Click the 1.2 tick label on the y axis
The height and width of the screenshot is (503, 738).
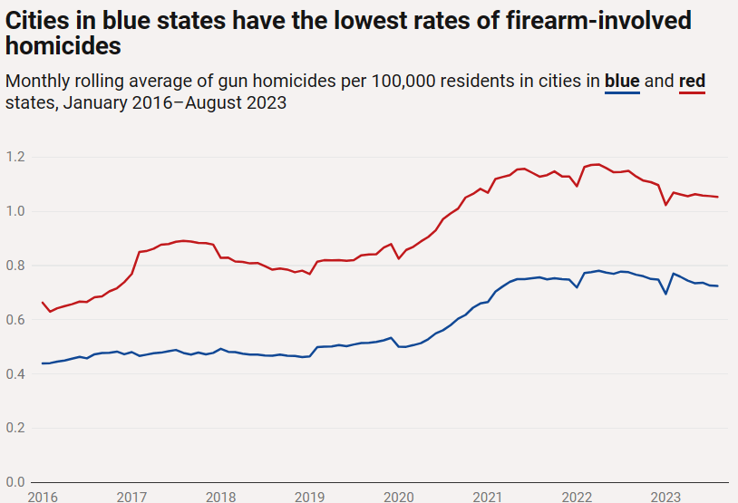coord(15,158)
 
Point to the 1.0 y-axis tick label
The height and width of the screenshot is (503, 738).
coord(15,212)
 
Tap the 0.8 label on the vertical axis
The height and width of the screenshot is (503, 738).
coord(15,266)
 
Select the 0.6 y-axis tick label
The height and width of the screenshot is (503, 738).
coord(15,320)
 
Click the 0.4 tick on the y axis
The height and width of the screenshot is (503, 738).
coord(15,374)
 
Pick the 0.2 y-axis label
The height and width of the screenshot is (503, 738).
coord(15,428)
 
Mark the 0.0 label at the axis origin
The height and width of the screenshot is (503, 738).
coord(15,482)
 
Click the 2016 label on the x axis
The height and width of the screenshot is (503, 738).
coord(43,496)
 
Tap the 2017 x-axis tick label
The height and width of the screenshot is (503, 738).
coord(132,496)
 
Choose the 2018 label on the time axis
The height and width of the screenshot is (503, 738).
coord(221,496)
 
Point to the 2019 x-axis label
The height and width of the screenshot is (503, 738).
coord(310,496)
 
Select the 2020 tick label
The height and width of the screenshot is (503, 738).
coord(399,496)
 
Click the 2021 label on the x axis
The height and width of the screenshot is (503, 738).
coord(488,496)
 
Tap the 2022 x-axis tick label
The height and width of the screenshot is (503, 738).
coord(578,496)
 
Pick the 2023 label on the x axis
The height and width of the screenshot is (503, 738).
coord(666,496)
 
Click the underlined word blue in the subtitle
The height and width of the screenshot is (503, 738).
coord(622,82)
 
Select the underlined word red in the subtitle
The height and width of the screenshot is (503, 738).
coord(692,82)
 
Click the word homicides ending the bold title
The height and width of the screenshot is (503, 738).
coord(63,44)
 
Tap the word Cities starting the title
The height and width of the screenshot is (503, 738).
coord(37,19)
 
